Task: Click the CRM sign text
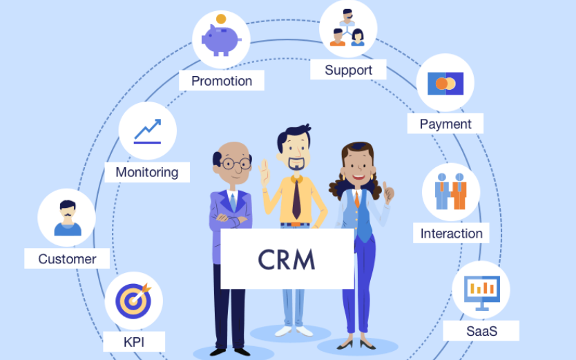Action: point(287,259)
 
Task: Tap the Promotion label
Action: point(221,81)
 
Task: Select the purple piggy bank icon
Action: point(220,39)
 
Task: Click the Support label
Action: point(348,70)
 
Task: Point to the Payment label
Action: point(445,124)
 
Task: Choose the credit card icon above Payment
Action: point(445,84)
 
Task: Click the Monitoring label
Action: point(146,172)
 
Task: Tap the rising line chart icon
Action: point(147,131)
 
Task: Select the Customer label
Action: point(67,259)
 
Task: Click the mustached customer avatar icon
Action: point(67,218)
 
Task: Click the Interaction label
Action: point(451,233)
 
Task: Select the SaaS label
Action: point(481,331)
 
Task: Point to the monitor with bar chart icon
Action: point(481,290)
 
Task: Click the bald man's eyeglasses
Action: point(235,164)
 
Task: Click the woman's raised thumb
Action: point(388,190)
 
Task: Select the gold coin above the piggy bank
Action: point(221,19)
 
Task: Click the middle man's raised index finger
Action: point(263,167)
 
